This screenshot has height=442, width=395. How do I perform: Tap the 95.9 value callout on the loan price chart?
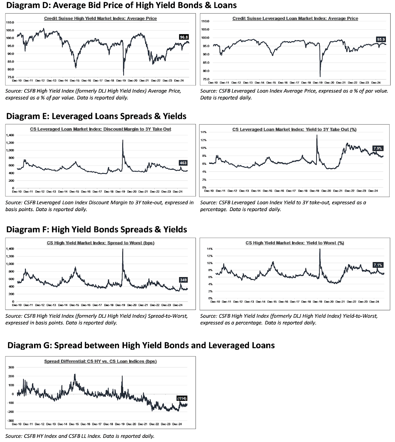(381, 40)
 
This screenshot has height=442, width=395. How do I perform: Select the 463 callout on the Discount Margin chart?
(183, 163)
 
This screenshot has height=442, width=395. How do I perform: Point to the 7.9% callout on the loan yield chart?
(378, 148)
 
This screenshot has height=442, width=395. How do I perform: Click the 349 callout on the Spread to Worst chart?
(183, 280)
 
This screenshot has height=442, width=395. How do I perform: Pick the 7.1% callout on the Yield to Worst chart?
(378, 265)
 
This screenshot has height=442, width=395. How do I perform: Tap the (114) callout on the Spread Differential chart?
(182, 398)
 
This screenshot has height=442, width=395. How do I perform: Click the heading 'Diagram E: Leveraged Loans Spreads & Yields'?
(96, 116)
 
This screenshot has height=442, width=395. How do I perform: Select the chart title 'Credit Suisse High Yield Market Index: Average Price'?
(100, 19)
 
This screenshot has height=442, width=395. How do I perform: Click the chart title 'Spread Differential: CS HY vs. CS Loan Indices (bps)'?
(100, 361)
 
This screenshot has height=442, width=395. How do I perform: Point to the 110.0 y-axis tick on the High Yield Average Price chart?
(10, 22)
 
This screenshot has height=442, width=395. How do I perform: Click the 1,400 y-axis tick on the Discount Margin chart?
(10, 135)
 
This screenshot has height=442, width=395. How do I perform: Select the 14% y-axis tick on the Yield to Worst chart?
(209, 249)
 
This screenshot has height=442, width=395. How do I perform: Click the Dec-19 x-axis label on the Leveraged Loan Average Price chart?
(317, 83)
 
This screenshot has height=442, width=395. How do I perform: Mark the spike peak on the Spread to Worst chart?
(123, 249)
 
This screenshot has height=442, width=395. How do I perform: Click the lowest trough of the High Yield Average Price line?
(123, 75)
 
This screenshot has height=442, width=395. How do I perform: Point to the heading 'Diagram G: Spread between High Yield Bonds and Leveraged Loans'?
(141, 345)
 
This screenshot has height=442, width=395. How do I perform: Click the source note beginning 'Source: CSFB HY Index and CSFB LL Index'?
(80, 436)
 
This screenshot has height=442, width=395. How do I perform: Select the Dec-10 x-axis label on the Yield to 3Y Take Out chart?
(209, 191)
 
